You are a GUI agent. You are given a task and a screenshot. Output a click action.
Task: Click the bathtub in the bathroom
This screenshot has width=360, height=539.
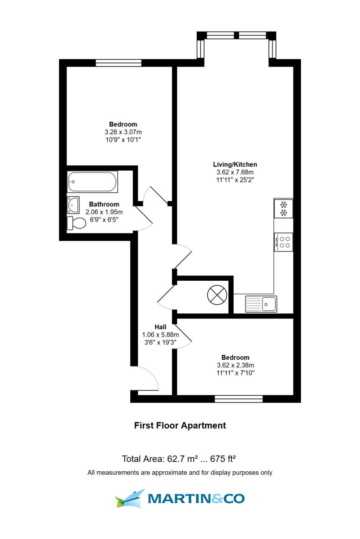coord(92,182)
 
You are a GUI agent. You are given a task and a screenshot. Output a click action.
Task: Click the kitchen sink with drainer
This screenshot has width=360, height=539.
coord(261,304)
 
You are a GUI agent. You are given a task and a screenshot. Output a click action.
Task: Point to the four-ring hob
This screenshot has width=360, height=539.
coord(284,242)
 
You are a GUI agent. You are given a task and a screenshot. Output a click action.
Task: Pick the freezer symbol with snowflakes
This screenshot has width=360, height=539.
coord(283,208)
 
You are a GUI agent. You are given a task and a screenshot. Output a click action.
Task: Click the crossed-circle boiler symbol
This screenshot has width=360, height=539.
coord(218,295)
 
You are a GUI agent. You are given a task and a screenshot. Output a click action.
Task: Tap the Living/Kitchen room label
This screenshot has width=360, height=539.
coord(235,164)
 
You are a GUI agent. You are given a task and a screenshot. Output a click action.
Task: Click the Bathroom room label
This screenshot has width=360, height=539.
coord(104,204)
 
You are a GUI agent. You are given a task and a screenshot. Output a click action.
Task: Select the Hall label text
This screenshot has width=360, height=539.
coord(161,327)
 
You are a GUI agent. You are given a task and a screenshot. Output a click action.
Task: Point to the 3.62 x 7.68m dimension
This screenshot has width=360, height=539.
coord(235,172)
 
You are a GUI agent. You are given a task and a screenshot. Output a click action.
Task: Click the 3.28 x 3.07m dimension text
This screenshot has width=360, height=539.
coord(123,132)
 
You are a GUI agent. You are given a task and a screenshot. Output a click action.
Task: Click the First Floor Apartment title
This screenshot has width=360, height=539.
coord(180,425)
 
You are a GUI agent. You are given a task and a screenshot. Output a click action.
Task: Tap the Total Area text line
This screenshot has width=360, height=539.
coord(179,459)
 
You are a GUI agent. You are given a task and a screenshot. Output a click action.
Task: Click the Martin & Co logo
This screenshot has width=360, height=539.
coord(180,498)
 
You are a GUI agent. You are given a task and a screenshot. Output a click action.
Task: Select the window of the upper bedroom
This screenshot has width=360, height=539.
coord(119,63)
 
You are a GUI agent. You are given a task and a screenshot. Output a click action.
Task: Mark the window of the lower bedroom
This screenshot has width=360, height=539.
coord(238,398)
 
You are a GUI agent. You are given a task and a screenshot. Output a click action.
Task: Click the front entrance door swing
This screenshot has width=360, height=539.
coord(148,379)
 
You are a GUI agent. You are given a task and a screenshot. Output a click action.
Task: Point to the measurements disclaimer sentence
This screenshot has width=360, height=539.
coord(180,473)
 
